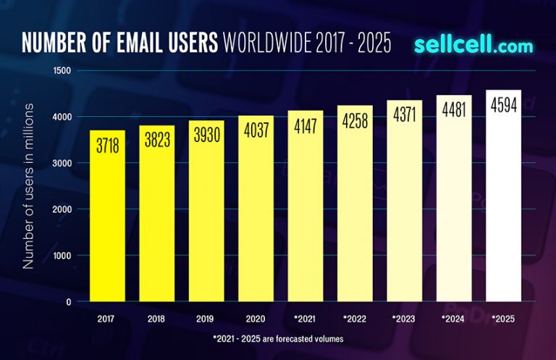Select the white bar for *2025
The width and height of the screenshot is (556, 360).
[x=503, y=217]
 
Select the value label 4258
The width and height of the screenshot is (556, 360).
[x=355, y=120]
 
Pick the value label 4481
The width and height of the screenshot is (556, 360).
[x=454, y=110]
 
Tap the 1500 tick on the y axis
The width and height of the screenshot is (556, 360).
[x=62, y=70]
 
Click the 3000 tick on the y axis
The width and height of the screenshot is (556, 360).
[x=62, y=163]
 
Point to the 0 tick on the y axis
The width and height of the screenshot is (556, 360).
[x=69, y=302]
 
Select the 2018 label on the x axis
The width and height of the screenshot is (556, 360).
[x=156, y=319]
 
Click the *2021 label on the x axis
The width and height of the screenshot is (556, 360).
[x=305, y=319]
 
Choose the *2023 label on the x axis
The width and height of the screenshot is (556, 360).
[x=404, y=319]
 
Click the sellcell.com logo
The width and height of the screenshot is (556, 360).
[x=473, y=45]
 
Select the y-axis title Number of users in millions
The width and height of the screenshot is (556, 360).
[x=29, y=186]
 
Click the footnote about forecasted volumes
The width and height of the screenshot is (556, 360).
[x=279, y=339]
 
